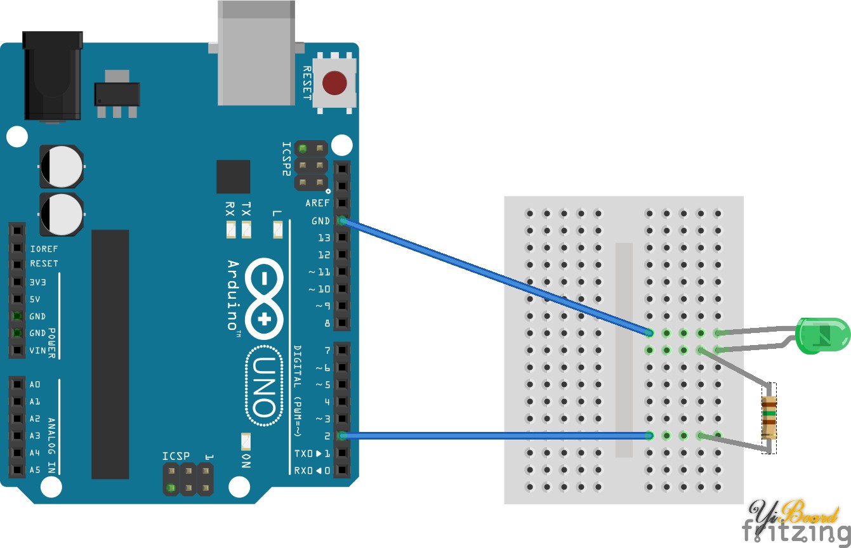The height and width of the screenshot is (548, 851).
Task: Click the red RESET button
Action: click(x=334, y=82)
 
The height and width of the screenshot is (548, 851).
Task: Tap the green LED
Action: click(x=822, y=336)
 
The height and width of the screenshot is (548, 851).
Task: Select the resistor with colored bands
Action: click(x=769, y=418)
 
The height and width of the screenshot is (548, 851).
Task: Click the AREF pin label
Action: click(x=317, y=204)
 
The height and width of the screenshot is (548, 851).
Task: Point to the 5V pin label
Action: click(x=35, y=299)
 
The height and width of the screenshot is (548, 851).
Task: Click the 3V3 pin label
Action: click(x=38, y=282)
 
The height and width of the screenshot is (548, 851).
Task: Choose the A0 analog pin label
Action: click(x=35, y=384)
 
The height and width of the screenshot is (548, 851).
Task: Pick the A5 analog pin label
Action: click(x=35, y=470)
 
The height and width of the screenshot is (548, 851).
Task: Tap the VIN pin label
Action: click(x=37, y=350)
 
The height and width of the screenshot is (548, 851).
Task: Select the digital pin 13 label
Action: click(x=324, y=238)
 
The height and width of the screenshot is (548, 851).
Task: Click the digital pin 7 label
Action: click(x=327, y=350)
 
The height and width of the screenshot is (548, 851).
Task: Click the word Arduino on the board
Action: click(x=233, y=295)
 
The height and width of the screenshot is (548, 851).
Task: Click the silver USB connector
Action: click(x=256, y=53)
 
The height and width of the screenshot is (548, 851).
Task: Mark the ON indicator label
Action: click(x=246, y=460)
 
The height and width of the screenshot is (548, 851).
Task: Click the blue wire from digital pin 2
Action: click(x=495, y=435)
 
